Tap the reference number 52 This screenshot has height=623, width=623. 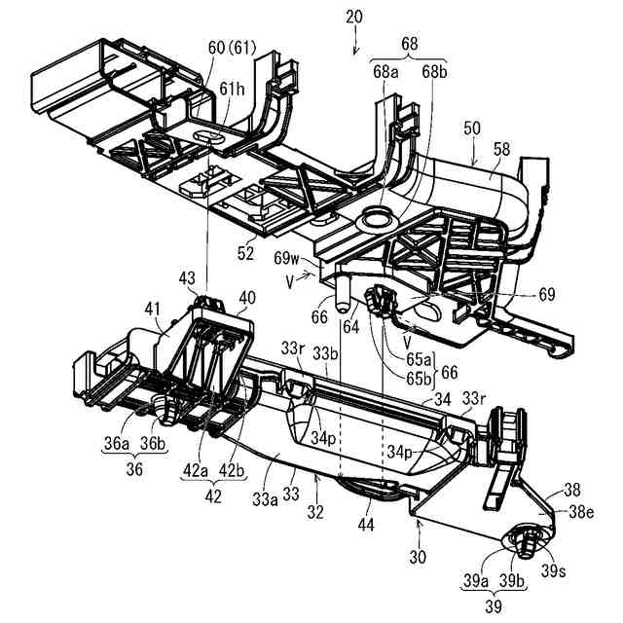coord(244,253)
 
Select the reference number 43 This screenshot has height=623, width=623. coord(190,279)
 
